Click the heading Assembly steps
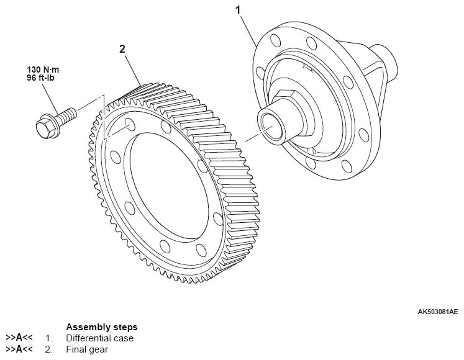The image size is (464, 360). tap(102, 327)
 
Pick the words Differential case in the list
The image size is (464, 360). tap(99, 338)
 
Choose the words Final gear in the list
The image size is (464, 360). tap(88, 349)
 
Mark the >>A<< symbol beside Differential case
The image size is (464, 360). tap(19, 338)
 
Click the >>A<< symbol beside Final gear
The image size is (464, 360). tap(19, 349)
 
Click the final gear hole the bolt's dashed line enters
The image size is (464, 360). tap(129, 124)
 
